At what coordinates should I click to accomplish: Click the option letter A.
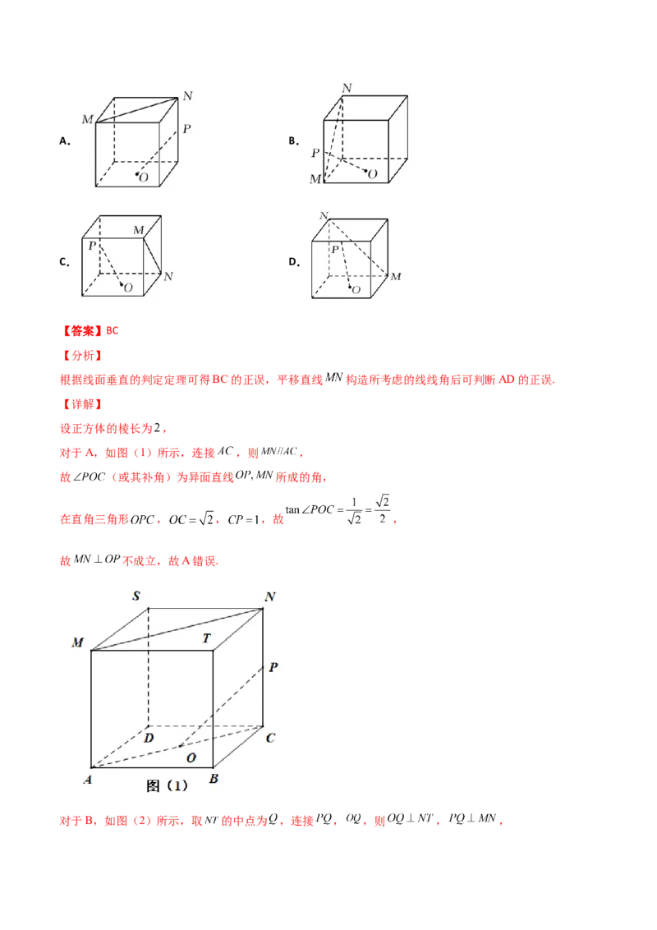65,141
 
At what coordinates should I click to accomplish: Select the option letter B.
293,141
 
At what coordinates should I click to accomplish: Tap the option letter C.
64,262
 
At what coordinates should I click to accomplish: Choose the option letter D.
293,262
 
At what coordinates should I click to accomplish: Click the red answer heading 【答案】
82,331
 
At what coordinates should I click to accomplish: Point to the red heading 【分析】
82,356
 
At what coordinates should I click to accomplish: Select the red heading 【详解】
82,404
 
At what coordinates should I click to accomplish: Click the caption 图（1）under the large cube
167,786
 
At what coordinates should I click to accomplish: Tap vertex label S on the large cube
136,596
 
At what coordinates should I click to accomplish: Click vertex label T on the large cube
206,638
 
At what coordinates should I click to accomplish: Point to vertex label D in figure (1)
149,738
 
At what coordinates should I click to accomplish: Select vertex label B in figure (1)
214,779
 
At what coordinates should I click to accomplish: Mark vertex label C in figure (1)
270,738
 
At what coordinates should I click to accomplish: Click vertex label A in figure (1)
88,780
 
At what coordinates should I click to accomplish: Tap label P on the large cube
273,667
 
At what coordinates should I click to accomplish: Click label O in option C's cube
128,288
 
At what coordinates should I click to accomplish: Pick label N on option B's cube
347,88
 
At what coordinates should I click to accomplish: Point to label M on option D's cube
396,276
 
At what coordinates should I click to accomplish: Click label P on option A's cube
186,129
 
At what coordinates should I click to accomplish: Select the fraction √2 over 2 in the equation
383,509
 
